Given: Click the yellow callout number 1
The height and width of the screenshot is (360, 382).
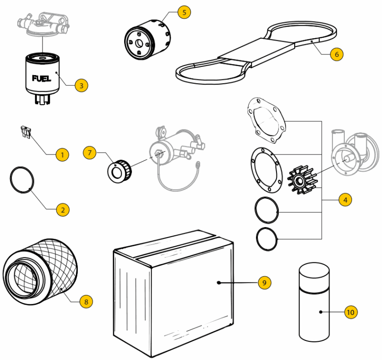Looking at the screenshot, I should (62, 154).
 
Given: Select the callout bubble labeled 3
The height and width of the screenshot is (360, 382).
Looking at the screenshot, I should (81, 86).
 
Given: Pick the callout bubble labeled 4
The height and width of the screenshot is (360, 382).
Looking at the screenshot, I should (345, 199).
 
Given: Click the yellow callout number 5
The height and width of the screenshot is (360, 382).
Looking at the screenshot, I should (184, 12).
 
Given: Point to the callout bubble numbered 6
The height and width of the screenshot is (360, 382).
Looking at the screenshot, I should (336, 54).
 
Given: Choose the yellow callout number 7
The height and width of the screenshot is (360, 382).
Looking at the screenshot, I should (89, 153).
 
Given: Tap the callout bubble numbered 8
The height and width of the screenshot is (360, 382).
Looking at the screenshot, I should (86, 301).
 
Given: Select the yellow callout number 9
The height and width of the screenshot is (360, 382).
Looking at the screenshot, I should (264, 283).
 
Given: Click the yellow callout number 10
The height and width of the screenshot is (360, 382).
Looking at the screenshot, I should (350, 312).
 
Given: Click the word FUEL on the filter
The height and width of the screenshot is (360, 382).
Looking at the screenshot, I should (42, 78).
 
